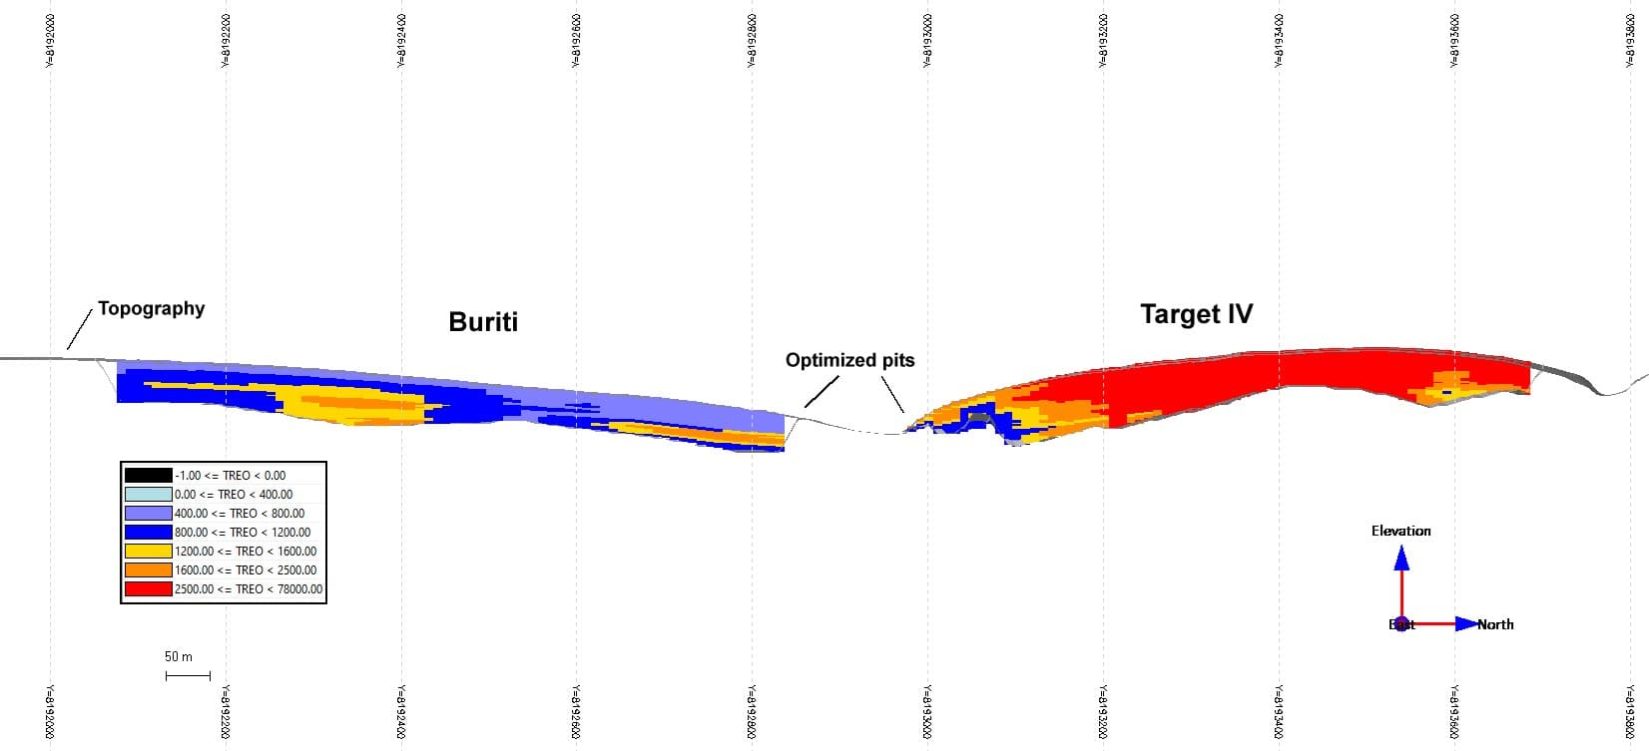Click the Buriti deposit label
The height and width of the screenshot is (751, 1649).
click(x=483, y=322)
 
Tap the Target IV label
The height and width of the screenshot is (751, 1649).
click(x=1196, y=314)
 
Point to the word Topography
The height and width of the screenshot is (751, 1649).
click(x=151, y=308)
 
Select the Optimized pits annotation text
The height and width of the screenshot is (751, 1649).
click(x=849, y=360)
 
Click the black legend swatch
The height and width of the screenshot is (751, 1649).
click(x=148, y=476)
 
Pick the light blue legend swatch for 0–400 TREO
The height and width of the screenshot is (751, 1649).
click(x=148, y=495)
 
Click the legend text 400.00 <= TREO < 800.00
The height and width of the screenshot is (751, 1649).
click(x=240, y=514)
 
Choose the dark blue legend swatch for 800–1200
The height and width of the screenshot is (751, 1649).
click(x=148, y=533)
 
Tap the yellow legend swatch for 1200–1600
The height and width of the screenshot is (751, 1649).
click(x=148, y=552)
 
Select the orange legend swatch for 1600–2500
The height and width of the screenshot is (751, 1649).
click(x=148, y=570)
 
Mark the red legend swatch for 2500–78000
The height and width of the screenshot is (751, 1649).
click(x=148, y=589)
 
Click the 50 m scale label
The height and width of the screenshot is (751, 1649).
click(x=179, y=656)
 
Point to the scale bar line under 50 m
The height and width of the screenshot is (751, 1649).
click(x=188, y=676)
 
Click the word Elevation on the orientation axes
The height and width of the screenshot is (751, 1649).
click(x=1400, y=531)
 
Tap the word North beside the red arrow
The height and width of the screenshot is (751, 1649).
click(x=1495, y=624)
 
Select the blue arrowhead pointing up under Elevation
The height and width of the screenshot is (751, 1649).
click(x=1401, y=559)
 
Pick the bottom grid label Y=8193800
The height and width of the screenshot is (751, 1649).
click(x=1630, y=712)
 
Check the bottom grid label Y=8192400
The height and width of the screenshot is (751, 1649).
click(x=401, y=712)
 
